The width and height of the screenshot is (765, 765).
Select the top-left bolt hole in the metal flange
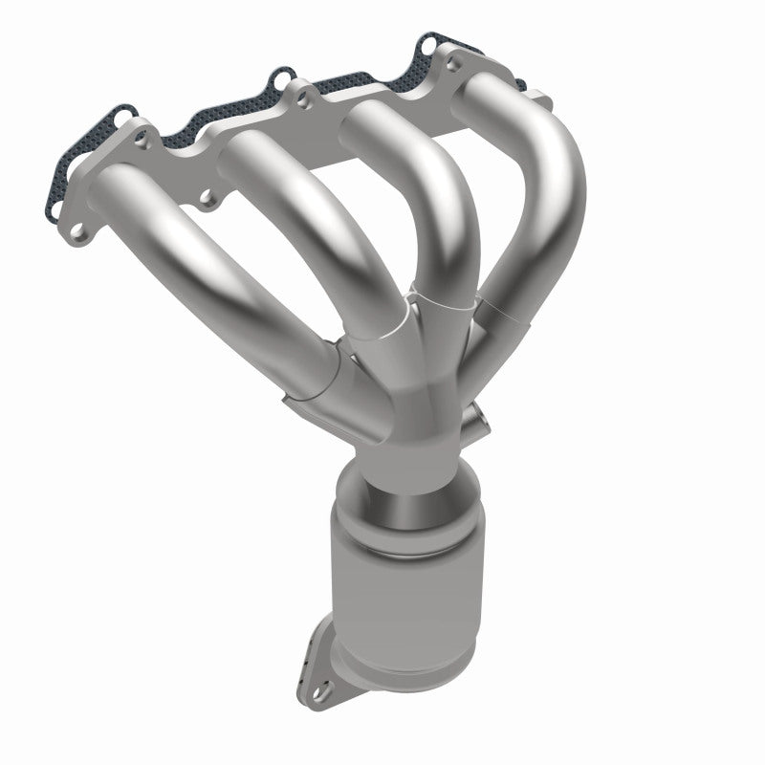tap(142, 140)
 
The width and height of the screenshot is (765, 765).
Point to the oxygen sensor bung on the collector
tap(475, 418)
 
